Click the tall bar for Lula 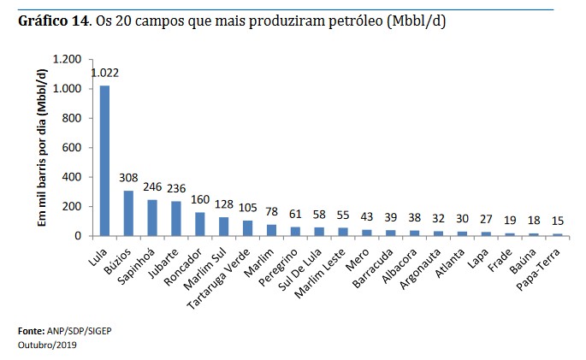click(x=104, y=161)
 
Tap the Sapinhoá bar click(x=151, y=217)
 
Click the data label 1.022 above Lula click(x=104, y=74)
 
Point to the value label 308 click(x=128, y=179)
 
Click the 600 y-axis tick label click(x=72, y=148)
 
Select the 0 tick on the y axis click(x=78, y=236)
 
